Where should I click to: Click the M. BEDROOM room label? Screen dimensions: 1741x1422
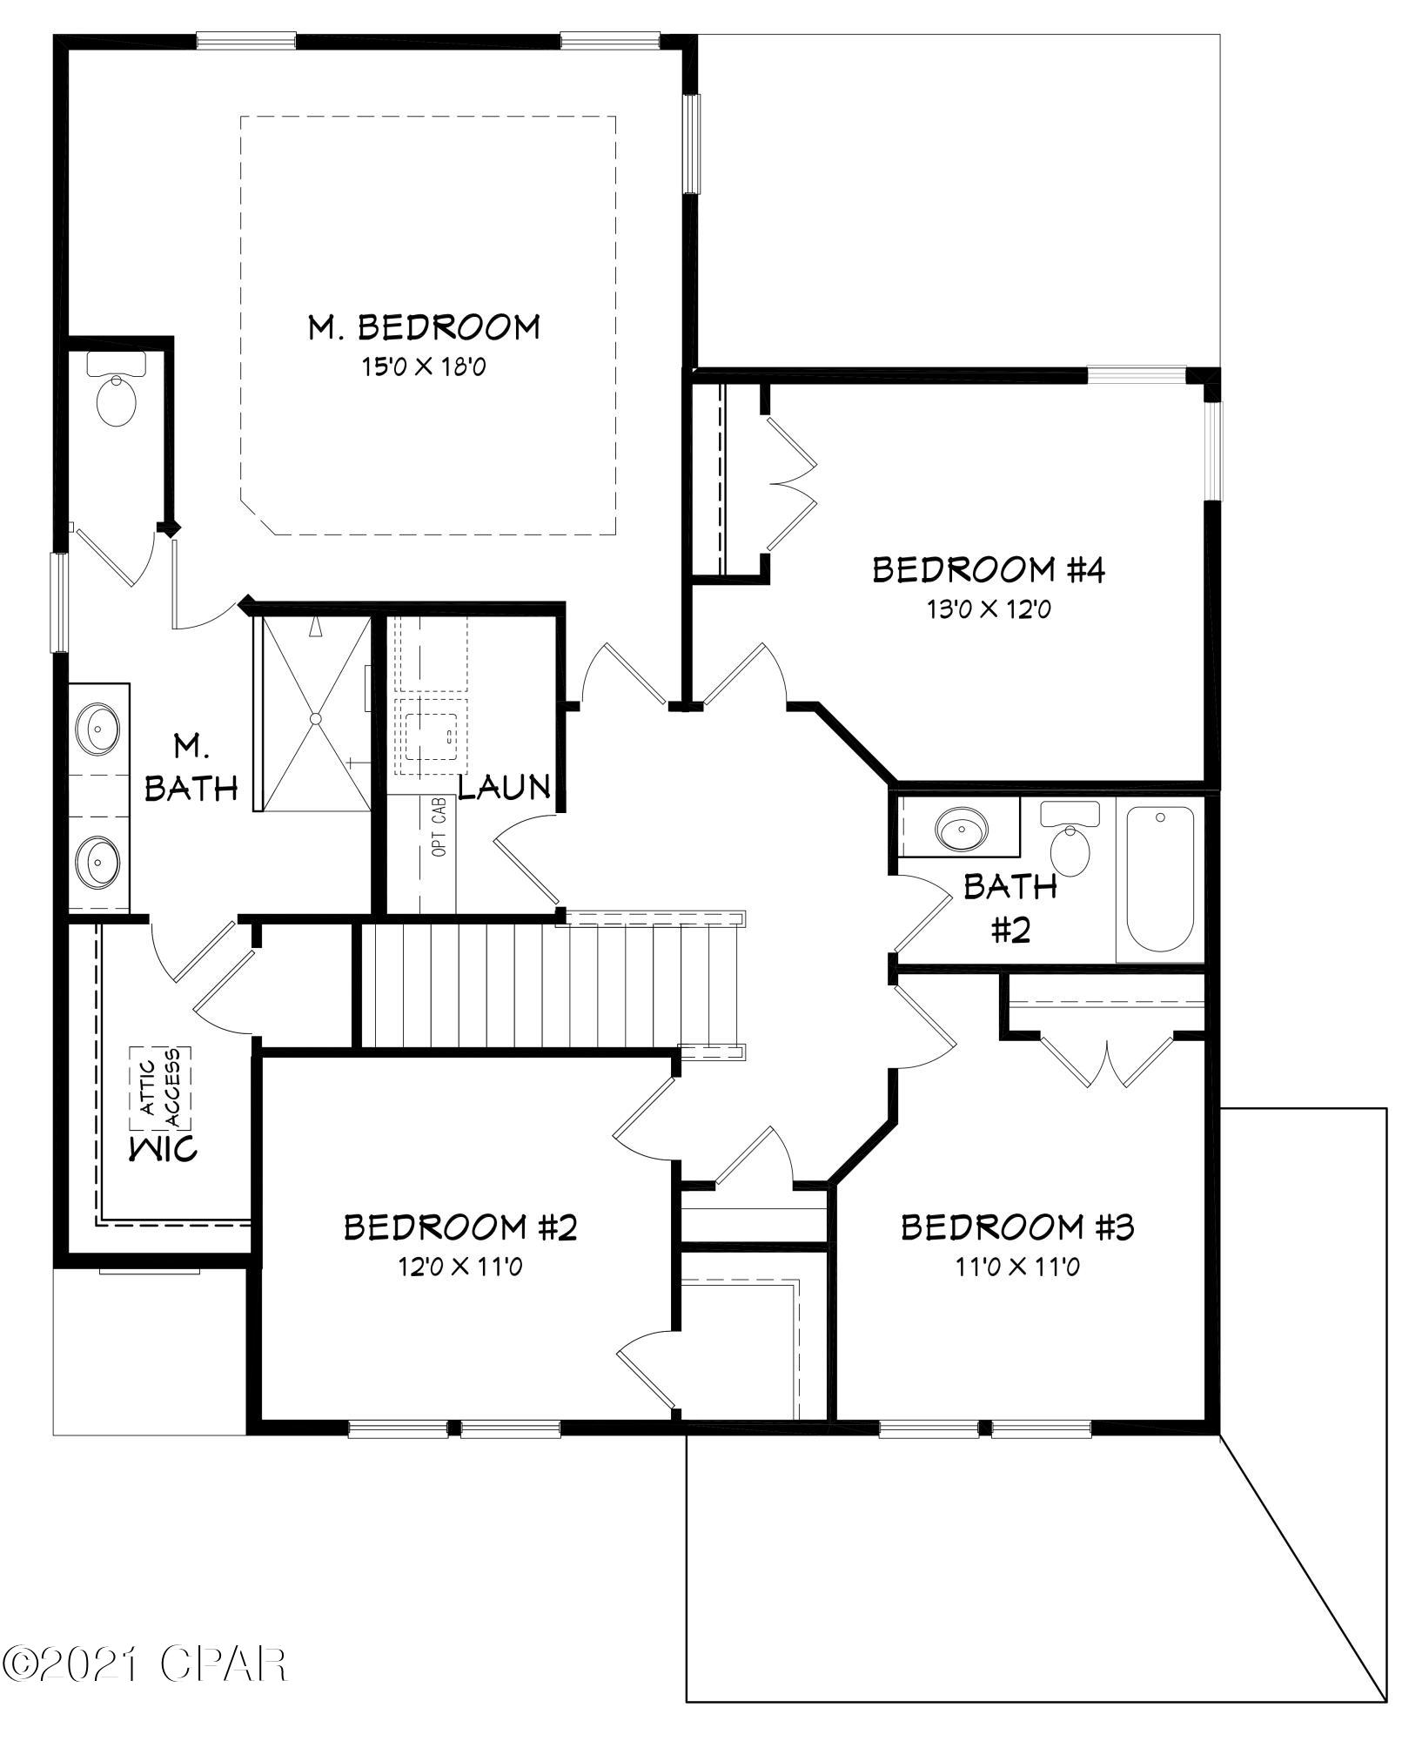[424, 327]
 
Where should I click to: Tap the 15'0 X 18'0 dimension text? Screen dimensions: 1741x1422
[424, 367]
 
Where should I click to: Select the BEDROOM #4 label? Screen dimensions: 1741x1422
[989, 571]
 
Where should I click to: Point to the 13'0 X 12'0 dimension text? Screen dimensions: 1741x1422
[989, 609]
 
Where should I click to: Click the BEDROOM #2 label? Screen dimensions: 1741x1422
[460, 1227]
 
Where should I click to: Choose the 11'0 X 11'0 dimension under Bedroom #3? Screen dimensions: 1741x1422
[1017, 1267]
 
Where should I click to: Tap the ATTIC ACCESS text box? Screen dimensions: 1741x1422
[161, 1087]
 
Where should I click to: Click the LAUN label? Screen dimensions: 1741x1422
[505, 787]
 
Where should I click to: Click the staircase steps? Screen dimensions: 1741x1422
[548, 985]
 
